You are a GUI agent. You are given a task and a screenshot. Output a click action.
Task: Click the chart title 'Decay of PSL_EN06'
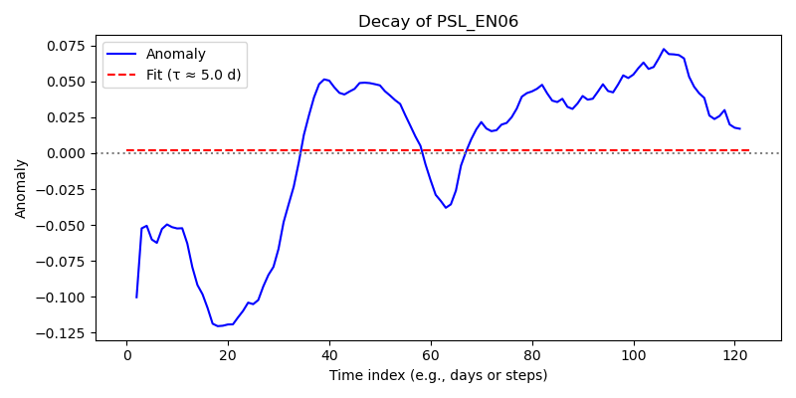click(438, 22)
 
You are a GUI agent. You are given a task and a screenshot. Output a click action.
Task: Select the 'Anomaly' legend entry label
click(176, 54)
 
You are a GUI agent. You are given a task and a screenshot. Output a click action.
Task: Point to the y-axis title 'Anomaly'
click(20, 189)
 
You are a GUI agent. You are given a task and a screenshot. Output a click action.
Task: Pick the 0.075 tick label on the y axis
click(70, 47)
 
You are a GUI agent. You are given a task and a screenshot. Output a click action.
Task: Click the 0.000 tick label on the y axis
click(70, 154)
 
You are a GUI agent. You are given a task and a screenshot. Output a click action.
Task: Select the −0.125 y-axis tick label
click(65, 333)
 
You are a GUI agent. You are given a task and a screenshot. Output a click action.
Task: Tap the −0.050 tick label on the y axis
click(65, 226)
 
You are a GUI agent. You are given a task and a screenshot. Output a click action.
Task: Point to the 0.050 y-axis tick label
click(70, 83)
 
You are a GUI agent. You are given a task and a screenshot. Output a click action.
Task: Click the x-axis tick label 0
click(127, 354)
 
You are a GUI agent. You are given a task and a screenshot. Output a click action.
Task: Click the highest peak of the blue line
click(664, 49)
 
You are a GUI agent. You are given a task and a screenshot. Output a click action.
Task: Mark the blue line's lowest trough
click(218, 326)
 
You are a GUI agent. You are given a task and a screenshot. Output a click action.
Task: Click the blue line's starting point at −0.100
click(136, 298)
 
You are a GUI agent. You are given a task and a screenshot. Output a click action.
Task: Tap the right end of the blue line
click(740, 129)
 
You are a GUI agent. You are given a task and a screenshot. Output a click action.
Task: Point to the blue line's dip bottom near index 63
click(446, 208)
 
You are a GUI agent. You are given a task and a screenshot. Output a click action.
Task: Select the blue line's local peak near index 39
click(324, 80)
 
